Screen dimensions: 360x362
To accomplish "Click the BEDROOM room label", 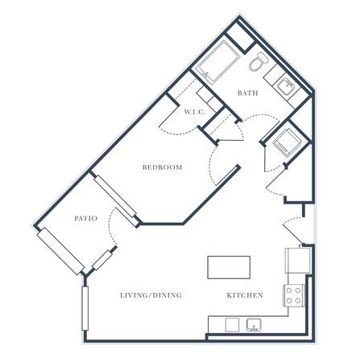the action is coord(162,167).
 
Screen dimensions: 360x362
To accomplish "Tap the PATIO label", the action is coord(85,218).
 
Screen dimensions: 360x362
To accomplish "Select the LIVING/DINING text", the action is coord(151,295).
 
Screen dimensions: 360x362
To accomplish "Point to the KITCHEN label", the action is coord(245,295).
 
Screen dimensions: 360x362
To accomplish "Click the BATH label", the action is coord(248,93).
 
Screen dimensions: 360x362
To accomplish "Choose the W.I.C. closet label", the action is coord(195,112).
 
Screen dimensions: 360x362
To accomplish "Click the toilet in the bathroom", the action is coord(259,61).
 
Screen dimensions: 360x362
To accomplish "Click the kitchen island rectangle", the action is coord(229,267).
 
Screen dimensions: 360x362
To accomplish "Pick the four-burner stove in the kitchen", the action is coord(294,295).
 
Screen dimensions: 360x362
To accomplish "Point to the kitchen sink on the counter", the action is coord(254,325).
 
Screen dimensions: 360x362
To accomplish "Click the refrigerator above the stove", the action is coord(298,261).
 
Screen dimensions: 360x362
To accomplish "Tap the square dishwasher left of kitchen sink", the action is coord(232,325).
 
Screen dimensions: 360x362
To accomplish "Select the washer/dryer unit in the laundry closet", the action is coord(286,142).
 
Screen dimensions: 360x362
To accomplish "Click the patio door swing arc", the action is coord(110,228).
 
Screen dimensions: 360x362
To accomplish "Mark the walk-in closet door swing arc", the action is coord(177,130).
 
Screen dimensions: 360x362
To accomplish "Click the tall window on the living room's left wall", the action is coord(85,308).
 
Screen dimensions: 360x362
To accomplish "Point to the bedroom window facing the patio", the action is coord(115,195).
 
